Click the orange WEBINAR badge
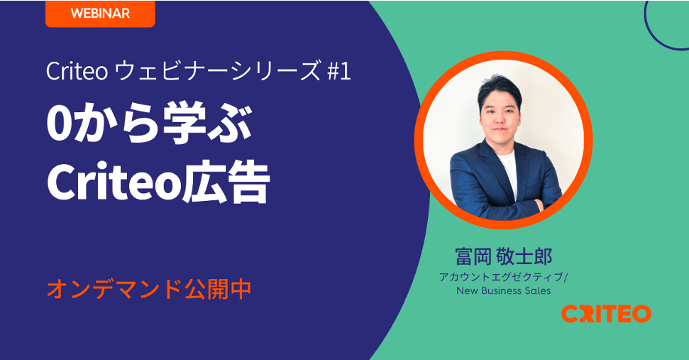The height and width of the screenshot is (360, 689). click(x=100, y=13)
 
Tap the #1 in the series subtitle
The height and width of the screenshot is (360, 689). click(x=338, y=71)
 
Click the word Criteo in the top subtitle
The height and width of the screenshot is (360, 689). click(x=77, y=71)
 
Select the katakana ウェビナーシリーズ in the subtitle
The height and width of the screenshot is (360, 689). click(x=218, y=71)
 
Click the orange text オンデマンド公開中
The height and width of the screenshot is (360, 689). click(x=149, y=289)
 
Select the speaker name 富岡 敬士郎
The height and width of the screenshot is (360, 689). click(x=504, y=257)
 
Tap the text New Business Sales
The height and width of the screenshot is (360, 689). click(x=504, y=290)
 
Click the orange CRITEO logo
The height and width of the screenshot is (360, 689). click(x=606, y=314)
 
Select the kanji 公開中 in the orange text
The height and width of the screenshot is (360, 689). click(x=218, y=289)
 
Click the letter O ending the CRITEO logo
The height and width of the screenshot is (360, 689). click(x=641, y=314)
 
